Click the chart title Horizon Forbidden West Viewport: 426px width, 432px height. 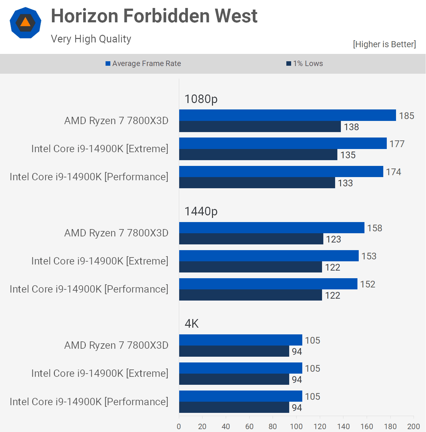pyautogui.click(x=154, y=16)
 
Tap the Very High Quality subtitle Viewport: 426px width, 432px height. pyautogui.click(x=91, y=39)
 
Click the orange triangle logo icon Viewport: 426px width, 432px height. pyautogui.click(x=26, y=23)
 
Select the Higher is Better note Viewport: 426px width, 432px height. pyautogui.click(x=384, y=44)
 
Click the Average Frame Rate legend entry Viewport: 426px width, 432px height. pyautogui.click(x=143, y=63)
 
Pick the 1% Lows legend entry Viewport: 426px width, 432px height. pyautogui.click(x=305, y=63)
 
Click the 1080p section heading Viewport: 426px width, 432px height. pyautogui.click(x=201, y=99)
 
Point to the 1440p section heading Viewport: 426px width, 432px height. pyautogui.click(x=201, y=211)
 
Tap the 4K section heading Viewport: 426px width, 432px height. pyautogui.click(x=191, y=324)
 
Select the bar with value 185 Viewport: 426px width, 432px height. pyautogui.click(x=287, y=115)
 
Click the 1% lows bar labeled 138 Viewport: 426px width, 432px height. pyautogui.click(x=260, y=127)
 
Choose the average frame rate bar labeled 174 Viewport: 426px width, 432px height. pyautogui.click(x=281, y=171)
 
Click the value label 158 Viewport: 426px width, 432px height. pyautogui.click(x=374, y=228)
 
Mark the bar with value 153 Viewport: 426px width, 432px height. pyautogui.click(x=268, y=256)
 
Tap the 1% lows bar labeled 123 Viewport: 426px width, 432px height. pyautogui.click(x=251, y=239)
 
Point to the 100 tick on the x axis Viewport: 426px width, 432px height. pyautogui.click(x=296, y=426)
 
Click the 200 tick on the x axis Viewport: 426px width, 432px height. pyautogui.click(x=414, y=426)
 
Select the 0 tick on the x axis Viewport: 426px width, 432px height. pyautogui.click(x=179, y=426)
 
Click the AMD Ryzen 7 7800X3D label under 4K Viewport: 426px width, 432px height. pyautogui.click(x=116, y=345)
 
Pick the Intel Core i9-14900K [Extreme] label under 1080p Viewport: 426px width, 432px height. pyautogui.click(x=99, y=149)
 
